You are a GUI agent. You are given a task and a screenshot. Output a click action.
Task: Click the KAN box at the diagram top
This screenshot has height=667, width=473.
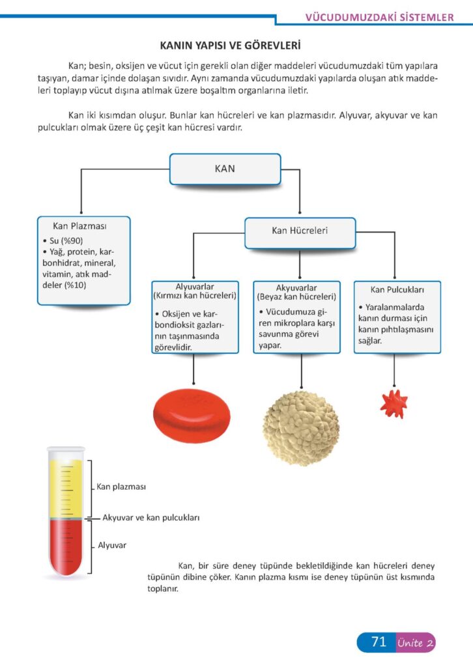(225, 169)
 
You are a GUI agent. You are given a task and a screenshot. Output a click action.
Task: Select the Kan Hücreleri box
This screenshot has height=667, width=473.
(300, 231)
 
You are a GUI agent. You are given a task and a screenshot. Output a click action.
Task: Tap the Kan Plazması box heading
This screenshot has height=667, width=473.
(79, 226)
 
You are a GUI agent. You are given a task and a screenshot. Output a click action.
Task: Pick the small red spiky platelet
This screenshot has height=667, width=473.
(394, 404)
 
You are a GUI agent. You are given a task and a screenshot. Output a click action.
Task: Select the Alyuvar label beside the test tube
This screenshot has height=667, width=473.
(112, 545)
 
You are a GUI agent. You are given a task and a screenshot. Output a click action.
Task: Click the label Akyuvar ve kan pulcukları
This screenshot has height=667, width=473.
(150, 518)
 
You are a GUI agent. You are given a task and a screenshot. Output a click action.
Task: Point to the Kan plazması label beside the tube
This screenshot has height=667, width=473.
(121, 487)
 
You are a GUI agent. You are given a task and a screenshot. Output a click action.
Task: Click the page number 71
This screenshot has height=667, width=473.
(379, 642)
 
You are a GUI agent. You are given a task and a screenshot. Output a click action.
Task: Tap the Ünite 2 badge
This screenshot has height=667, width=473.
(415, 643)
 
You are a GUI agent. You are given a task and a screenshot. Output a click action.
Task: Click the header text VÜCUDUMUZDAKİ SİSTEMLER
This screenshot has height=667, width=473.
(380, 18)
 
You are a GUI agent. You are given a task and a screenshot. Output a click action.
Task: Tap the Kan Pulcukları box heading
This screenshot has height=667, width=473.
(397, 289)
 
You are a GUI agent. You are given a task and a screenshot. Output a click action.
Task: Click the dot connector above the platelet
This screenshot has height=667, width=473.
(394, 384)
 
